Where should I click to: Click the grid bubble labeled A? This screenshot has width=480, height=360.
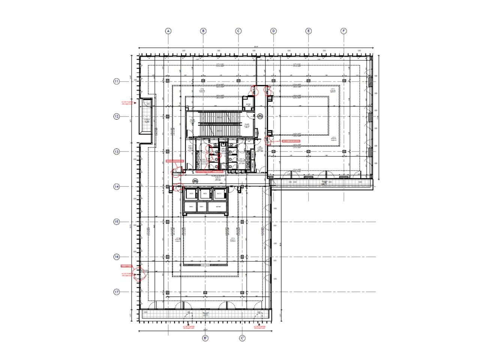[168, 31]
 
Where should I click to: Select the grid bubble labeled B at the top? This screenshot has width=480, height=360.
[203, 31]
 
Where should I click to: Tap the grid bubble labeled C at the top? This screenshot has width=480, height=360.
[238, 31]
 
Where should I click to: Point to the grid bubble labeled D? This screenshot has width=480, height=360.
[273, 31]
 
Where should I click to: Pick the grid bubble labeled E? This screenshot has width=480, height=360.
[308, 31]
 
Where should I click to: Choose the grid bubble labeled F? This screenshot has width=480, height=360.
[343, 31]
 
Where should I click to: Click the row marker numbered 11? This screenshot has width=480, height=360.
[117, 81]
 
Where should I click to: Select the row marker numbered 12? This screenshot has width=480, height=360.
[117, 116]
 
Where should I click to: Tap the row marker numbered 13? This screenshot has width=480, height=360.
[117, 151]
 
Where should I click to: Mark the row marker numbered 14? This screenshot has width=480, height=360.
[117, 186]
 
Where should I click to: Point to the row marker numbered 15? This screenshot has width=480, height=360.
[117, 222]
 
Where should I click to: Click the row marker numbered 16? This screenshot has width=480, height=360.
[117, 257]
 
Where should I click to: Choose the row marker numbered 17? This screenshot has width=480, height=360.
[117, 292]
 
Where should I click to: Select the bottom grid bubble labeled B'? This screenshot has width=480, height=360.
[205, 338]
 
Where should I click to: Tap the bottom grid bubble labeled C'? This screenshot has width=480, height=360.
[242, 338]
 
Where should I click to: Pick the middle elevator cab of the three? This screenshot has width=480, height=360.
[205, 194]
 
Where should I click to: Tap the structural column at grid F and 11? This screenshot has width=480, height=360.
[343, 81]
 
